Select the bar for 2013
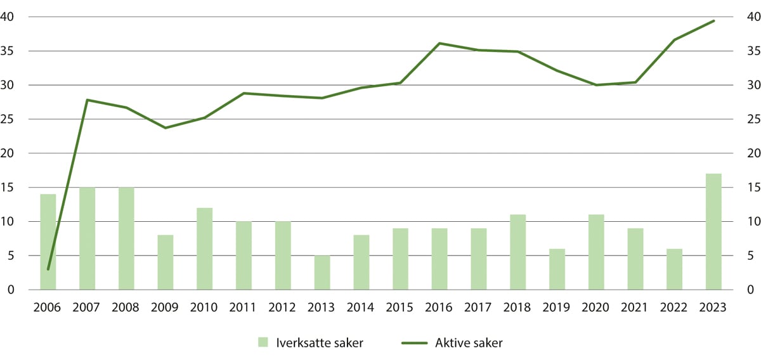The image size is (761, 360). point(322,273)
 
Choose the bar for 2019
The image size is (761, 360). point(557,269)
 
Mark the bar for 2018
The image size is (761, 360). point(517,252)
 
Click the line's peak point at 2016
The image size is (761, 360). point(439,43)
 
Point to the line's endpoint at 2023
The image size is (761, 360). point(713,21)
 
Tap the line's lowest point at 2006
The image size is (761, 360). point(48,269)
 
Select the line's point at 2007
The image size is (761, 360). point(87,100)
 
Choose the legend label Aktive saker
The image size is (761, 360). point(469,343)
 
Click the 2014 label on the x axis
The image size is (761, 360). point(361,307)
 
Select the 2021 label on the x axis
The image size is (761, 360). point(635,307)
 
